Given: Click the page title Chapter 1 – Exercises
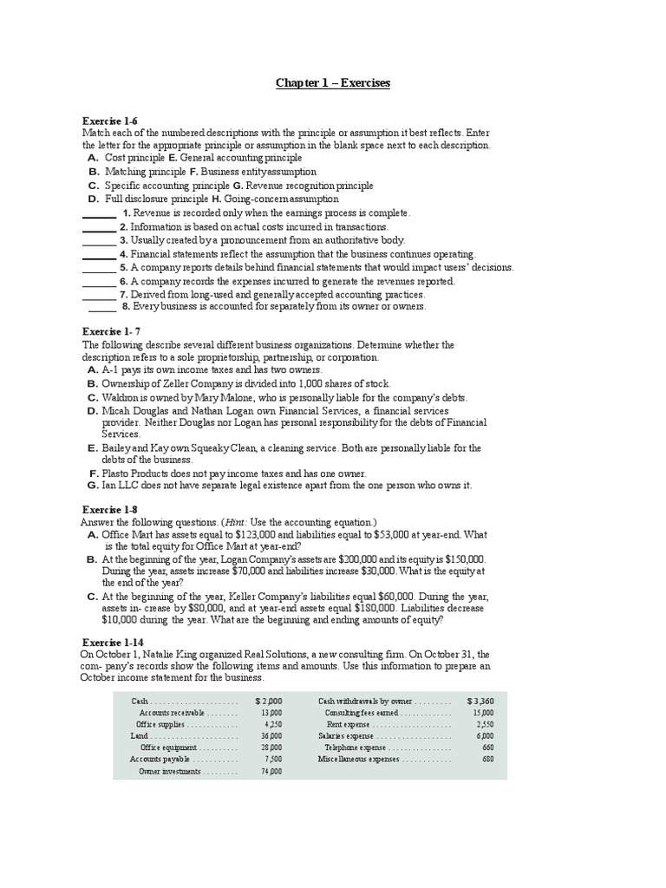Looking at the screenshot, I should tap(333, 83).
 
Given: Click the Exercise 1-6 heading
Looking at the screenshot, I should tap(109, 121).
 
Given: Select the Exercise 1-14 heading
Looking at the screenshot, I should tap(112, 642).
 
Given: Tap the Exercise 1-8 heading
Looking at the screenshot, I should tap(109, 510).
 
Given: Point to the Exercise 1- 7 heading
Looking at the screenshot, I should tap(111, 332).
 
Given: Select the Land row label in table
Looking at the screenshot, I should tap(140, 735).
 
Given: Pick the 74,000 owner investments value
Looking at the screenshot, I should tap(271, 771).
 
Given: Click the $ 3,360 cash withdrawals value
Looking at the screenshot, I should tap(480, 700).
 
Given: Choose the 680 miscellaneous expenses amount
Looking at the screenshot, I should tap(487, 759).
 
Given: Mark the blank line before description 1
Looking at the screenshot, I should tap(100, 213).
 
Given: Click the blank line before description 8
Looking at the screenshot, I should tap(102, 307).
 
